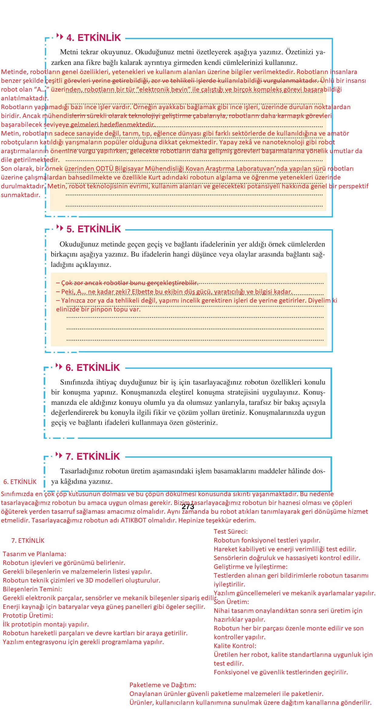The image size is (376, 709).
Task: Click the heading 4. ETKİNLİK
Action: [93, 38]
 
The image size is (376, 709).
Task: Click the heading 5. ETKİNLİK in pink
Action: [93, 229]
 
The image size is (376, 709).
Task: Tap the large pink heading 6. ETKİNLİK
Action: [93, 368]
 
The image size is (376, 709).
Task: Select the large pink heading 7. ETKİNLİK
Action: [93, 456]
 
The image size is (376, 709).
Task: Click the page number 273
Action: [188, 507]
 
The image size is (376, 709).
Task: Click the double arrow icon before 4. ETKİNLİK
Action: [60, 36]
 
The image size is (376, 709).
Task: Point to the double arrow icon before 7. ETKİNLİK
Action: [59, 455]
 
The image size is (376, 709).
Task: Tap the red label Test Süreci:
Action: [230, 532]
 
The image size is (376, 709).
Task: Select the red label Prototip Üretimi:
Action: [28, 616]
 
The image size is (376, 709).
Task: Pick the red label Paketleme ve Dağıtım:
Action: [163, 685]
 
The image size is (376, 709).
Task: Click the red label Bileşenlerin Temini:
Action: [32, 589]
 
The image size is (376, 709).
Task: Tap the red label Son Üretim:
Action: [231, 602]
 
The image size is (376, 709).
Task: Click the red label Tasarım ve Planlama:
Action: [34, 554]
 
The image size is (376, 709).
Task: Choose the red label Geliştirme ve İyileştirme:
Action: [250, 567]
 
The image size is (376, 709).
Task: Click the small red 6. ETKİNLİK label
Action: [20, 482]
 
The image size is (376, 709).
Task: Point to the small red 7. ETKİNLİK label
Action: [28, 541]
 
